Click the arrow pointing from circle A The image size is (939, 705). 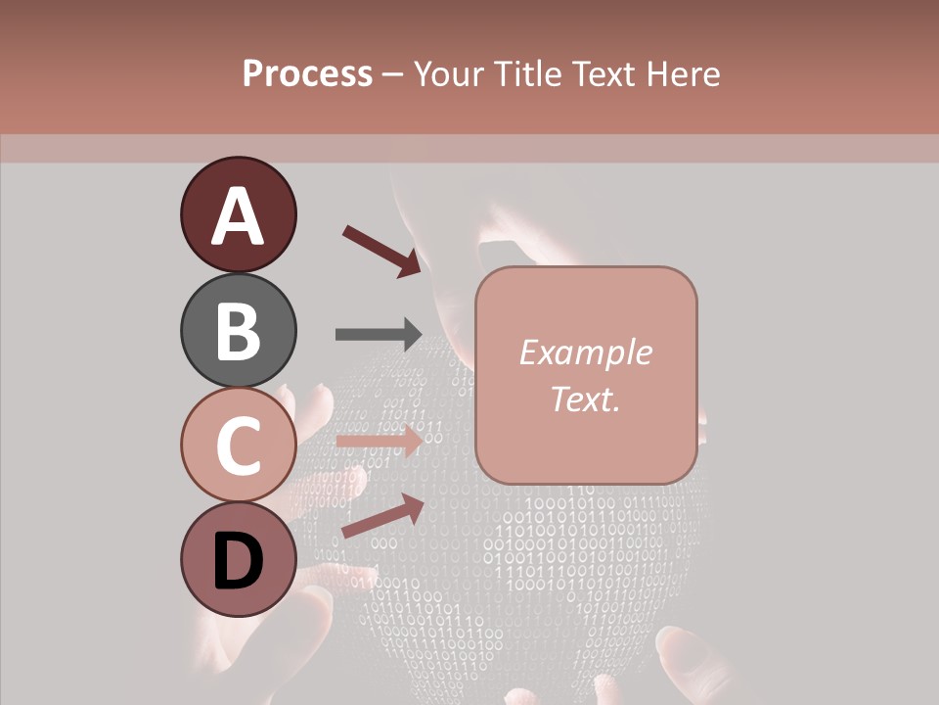click(381, 251)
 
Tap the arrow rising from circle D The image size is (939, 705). click(382, 516)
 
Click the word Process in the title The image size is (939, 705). click(307, 74)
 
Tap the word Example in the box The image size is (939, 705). click(585, 352)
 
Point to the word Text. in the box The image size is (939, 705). click(585, 399)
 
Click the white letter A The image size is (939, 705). click(238, 216)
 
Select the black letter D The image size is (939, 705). click(238, 562)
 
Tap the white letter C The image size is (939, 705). click(238, 446)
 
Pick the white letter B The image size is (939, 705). click(238, 331)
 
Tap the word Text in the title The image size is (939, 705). click(602, 74)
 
